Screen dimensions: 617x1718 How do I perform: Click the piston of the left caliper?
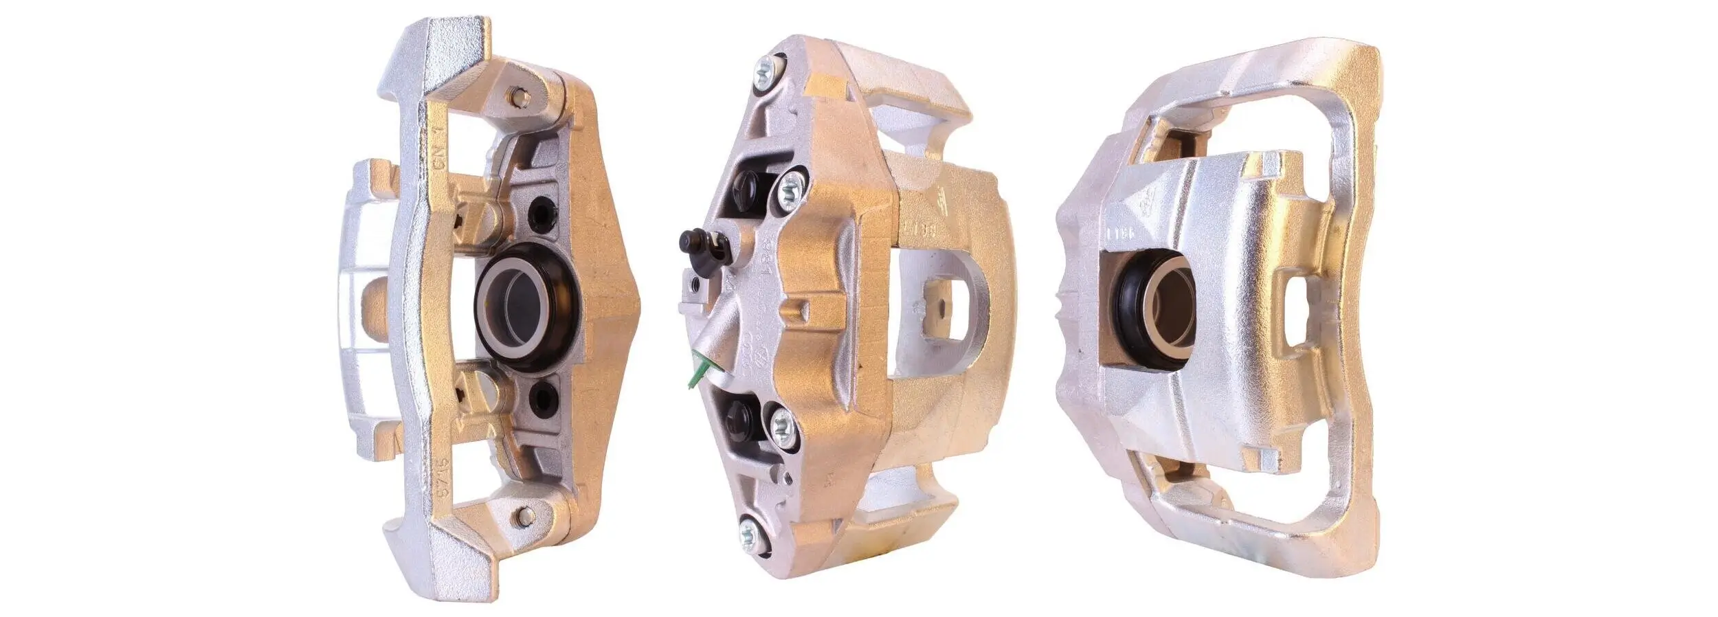tap(526, 306)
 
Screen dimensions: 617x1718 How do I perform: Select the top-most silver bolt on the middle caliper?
tap(767, 71)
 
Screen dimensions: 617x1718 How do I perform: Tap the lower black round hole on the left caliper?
tap(544, 398)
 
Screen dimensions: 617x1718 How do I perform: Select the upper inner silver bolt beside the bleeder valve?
tap(790, 189)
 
